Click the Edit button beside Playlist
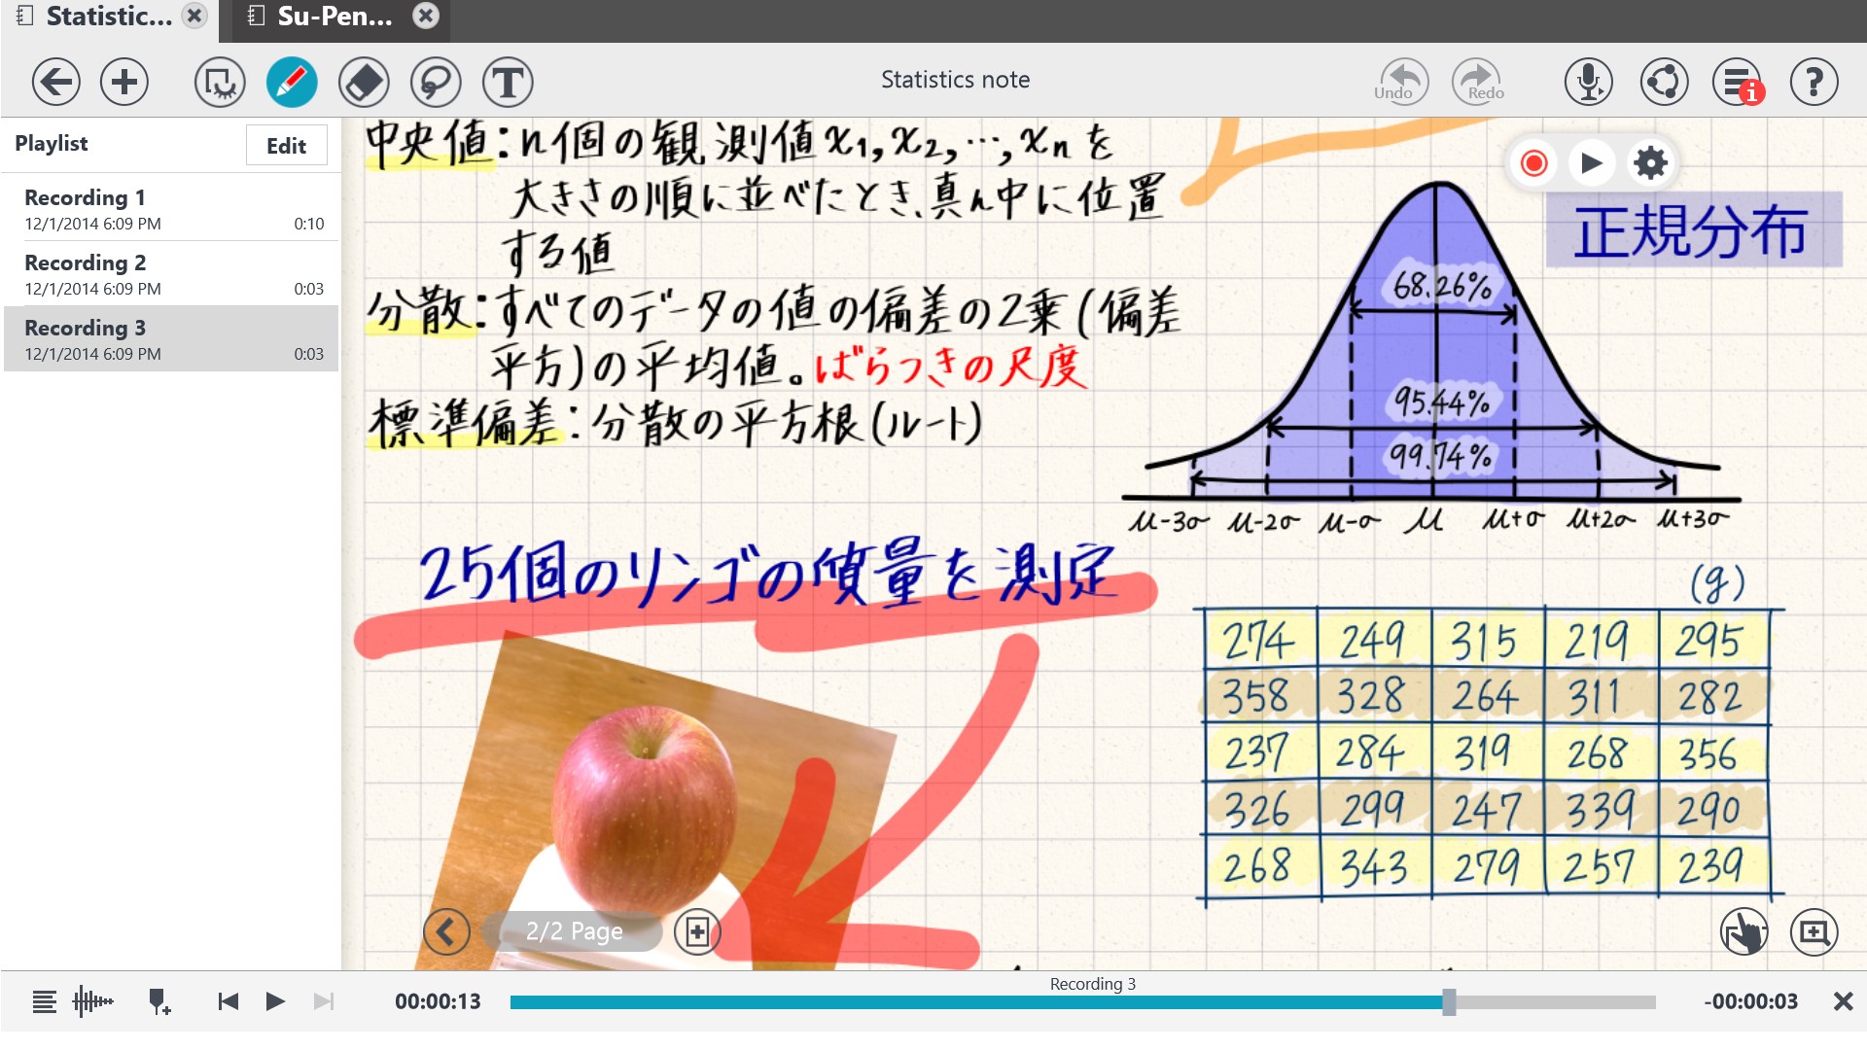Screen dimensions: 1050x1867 point(286,146)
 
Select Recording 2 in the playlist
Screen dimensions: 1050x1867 point(171,274)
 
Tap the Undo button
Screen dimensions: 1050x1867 point(1402,82)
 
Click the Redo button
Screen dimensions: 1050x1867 point(1477,82)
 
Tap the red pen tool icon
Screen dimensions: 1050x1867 point(292,82)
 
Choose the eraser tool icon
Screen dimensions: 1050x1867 point(364,82)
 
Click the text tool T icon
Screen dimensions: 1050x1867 point(507,82)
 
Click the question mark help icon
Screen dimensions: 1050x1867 point(1814,82)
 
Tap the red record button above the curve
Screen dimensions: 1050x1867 point(1533,162)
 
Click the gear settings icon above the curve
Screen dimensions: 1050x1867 point(1650,162)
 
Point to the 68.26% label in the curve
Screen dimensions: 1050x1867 point(1441,286)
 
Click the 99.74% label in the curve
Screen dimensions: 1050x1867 point(1439,455)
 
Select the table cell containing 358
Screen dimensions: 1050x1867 point(1256,696)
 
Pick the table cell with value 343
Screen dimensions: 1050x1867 point(1373,866)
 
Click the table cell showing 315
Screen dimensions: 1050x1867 point(1484,642)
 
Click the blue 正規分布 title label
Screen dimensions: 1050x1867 point(1691,231)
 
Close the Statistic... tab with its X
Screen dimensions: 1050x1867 point(194,16)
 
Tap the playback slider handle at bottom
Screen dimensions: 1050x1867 point(1449,1001)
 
